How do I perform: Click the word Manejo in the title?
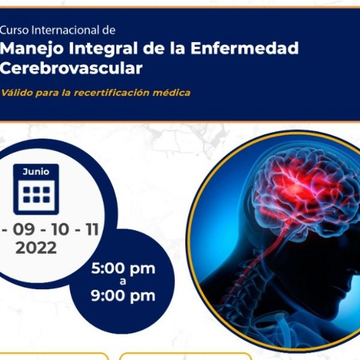pyautogui.click(x=31, y=49)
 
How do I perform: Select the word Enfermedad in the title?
pyautogui.click(x=245, y=48)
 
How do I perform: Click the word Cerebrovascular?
pyautogui.click(x=71, y=68)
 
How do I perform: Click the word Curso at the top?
pyautogui.click(x=14, y=30)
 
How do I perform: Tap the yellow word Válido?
pyautogui.click(x=17, y=93)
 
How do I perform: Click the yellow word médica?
pyautogui.click(x=172, y=93)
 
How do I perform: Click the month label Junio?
pyautogui.click(x=36, y=172)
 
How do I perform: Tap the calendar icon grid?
pyautogui.click(x=37, y=194)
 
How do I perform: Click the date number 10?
pyautogui.click(x=60, y=229)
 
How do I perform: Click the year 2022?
pyautogui.click(x=36, y=248)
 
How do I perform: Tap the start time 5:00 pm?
pyautogui.click(x=123, y=269)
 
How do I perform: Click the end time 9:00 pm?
pyautogui.click(x=123, y=296)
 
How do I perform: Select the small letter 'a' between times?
pyautogui.click(x=123, y=281)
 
